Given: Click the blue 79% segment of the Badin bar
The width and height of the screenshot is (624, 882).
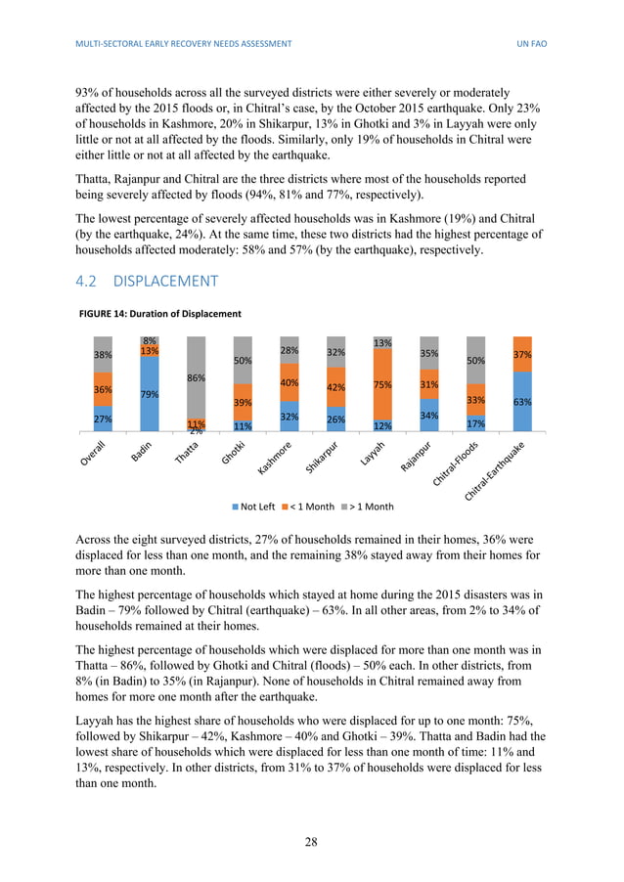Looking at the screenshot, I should pyautogui.click(x=150, y=394).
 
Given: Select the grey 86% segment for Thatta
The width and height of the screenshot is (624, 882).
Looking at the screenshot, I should pyautogui.click(x=197, y=377).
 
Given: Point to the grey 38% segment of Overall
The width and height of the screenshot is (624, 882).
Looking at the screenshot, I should pyautogui.click(x=103, y=355).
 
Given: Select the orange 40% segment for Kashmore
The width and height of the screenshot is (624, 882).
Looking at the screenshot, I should pyautogui.click(x=290, y=382).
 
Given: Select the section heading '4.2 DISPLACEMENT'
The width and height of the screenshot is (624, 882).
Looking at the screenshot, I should pyautogui.click(x=146, y=282).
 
